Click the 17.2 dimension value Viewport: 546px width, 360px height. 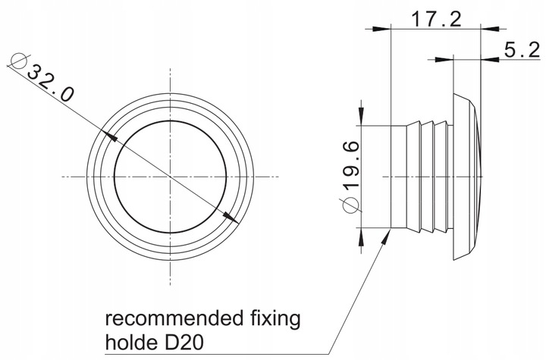pos(436,19)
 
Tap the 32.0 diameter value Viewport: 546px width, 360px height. pos(51,84)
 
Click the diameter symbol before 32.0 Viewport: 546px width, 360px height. pos(19,61)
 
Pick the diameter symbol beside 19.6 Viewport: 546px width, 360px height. pos(351,205)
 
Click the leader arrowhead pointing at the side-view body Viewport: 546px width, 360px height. pos(386,236)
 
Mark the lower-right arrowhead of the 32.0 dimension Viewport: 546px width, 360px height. pos(231,218)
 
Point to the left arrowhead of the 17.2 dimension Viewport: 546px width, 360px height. pos(382,29)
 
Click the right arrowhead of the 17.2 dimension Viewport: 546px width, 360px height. pos(490,29)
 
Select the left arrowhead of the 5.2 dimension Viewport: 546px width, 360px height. pos(444,60)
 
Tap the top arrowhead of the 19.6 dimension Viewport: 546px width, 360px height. pos(362,116)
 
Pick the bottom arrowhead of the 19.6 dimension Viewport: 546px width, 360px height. pos(362,237)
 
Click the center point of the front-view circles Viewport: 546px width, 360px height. pos(171,177)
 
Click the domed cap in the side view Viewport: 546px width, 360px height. pos(468,177)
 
